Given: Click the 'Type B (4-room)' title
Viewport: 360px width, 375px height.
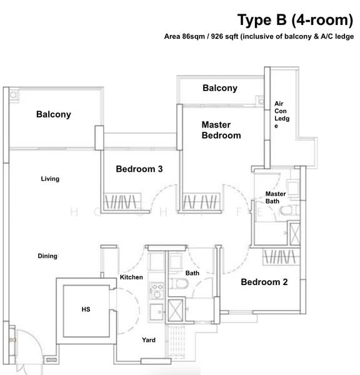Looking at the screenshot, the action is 295,20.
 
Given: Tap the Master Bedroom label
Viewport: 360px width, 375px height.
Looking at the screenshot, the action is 221,130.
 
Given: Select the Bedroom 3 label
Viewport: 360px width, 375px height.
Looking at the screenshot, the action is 139,169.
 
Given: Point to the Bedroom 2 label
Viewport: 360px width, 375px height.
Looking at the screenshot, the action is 264,282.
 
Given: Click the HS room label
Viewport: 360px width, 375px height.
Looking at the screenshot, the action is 86,309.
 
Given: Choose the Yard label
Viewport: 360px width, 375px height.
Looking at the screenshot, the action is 149,340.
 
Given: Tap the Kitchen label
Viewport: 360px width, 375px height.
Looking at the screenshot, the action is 131,277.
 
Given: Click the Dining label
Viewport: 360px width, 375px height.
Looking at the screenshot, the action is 47,256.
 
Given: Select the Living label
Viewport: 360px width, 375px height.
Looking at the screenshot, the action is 50,179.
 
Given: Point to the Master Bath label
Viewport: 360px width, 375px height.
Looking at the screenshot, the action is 276,197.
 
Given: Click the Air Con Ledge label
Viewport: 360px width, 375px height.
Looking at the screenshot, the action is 282,115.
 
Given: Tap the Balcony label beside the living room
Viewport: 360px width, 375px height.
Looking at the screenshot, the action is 54,114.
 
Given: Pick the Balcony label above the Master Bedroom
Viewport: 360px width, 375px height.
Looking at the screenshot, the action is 220,88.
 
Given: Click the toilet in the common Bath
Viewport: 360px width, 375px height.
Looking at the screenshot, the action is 179,284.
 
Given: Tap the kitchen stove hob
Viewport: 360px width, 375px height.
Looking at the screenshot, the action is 157,291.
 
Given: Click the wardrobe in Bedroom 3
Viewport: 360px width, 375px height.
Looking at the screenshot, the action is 122,201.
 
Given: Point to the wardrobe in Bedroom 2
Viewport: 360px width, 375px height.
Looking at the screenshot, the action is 281,257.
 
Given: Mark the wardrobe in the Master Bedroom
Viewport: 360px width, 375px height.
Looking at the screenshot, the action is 201,201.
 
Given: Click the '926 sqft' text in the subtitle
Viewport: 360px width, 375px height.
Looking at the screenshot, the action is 224,37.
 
